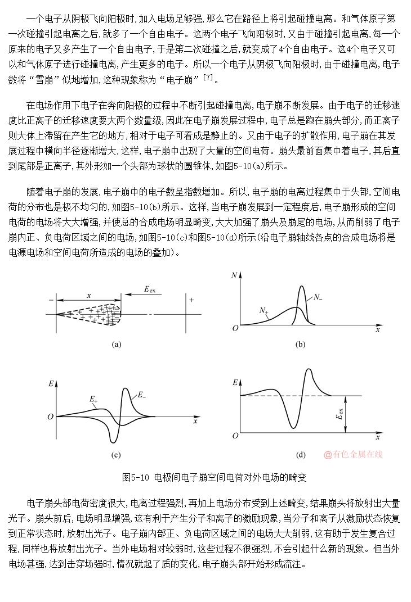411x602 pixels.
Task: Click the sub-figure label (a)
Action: pos(117,345)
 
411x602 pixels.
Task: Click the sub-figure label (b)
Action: pos(301,345)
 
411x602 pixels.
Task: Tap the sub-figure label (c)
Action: pos(117,455)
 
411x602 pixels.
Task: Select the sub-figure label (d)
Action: pos(301,455)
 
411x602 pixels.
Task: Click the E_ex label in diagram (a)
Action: pos(149,289)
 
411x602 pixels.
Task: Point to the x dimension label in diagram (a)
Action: pos(89,295)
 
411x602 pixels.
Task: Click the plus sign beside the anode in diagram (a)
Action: pos(191,300)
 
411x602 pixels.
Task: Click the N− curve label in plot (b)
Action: pos(318,297)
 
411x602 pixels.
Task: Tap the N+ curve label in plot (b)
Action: pos(263,310)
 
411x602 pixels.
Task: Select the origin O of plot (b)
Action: pos(235,328)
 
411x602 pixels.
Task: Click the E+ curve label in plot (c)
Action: pos(93,399)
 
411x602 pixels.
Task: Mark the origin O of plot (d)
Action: pos(235,436)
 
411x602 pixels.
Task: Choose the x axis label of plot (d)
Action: pos(378,437)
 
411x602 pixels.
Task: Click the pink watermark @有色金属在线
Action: pos(353,454)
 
